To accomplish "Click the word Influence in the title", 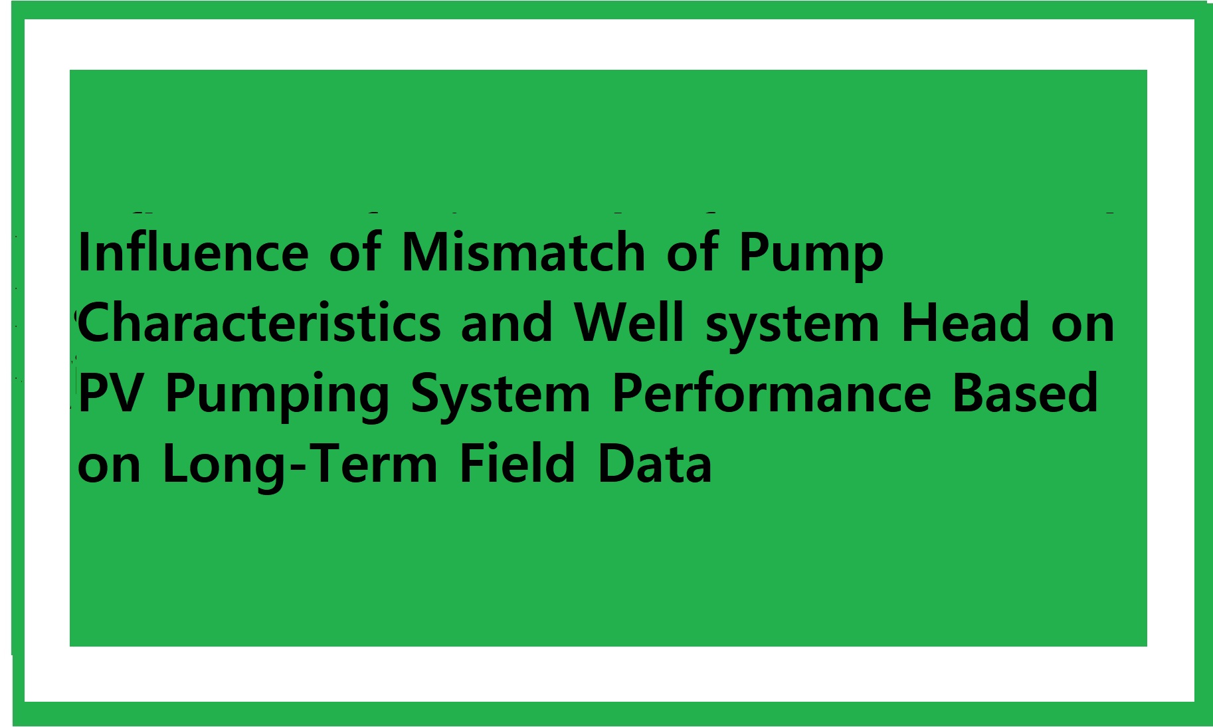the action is (193, 252).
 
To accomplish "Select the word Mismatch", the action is (523, 252).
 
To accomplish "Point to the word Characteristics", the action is (259, 322).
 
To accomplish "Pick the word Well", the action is (628, 322).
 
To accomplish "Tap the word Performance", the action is (772, 393).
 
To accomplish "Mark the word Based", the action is (1025, 393).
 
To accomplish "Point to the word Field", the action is (517, 463).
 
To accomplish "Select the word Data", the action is (654, 463).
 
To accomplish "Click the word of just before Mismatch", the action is (355, 252).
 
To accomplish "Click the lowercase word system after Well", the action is (793, 327).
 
